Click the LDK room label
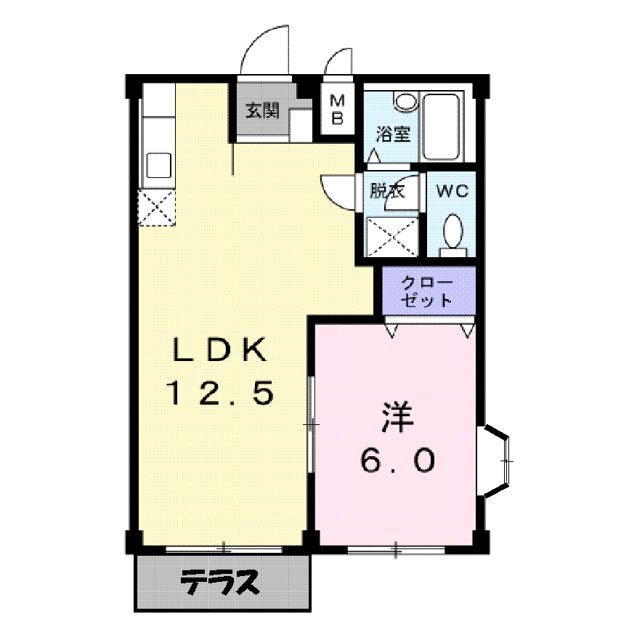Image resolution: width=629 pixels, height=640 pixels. pyautogui.click(x=219, y=351)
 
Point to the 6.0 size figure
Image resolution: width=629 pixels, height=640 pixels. pyautogui.click(x=397, y=459)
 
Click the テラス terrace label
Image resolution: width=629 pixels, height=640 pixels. pyautogui.click(x=220, y=582)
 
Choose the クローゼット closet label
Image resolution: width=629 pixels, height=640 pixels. pyautogui.click(x=429, y=291)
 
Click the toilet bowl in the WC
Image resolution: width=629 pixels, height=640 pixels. pyautogui.click(x=454, y=232)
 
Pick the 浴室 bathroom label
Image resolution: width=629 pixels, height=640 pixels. pyautogui.click(x=392, y=134)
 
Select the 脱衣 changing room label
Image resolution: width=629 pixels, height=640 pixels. pyautogui.click(x=386, y=191)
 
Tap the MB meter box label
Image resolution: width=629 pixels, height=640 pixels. pyautogui.click(x=338, y=109)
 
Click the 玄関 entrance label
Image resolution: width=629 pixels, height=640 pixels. pyautogui.click(x=261, y=111)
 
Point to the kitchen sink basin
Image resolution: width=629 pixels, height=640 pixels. pyautogui.click(x=159, y=166)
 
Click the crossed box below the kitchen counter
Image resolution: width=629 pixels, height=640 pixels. pyautogui.click(x=158, y=207)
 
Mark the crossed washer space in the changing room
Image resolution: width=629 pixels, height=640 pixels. pyautogui.click(x=392, y=236)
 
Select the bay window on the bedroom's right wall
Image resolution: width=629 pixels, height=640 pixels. pyautogui.click(x=497, y=461)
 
